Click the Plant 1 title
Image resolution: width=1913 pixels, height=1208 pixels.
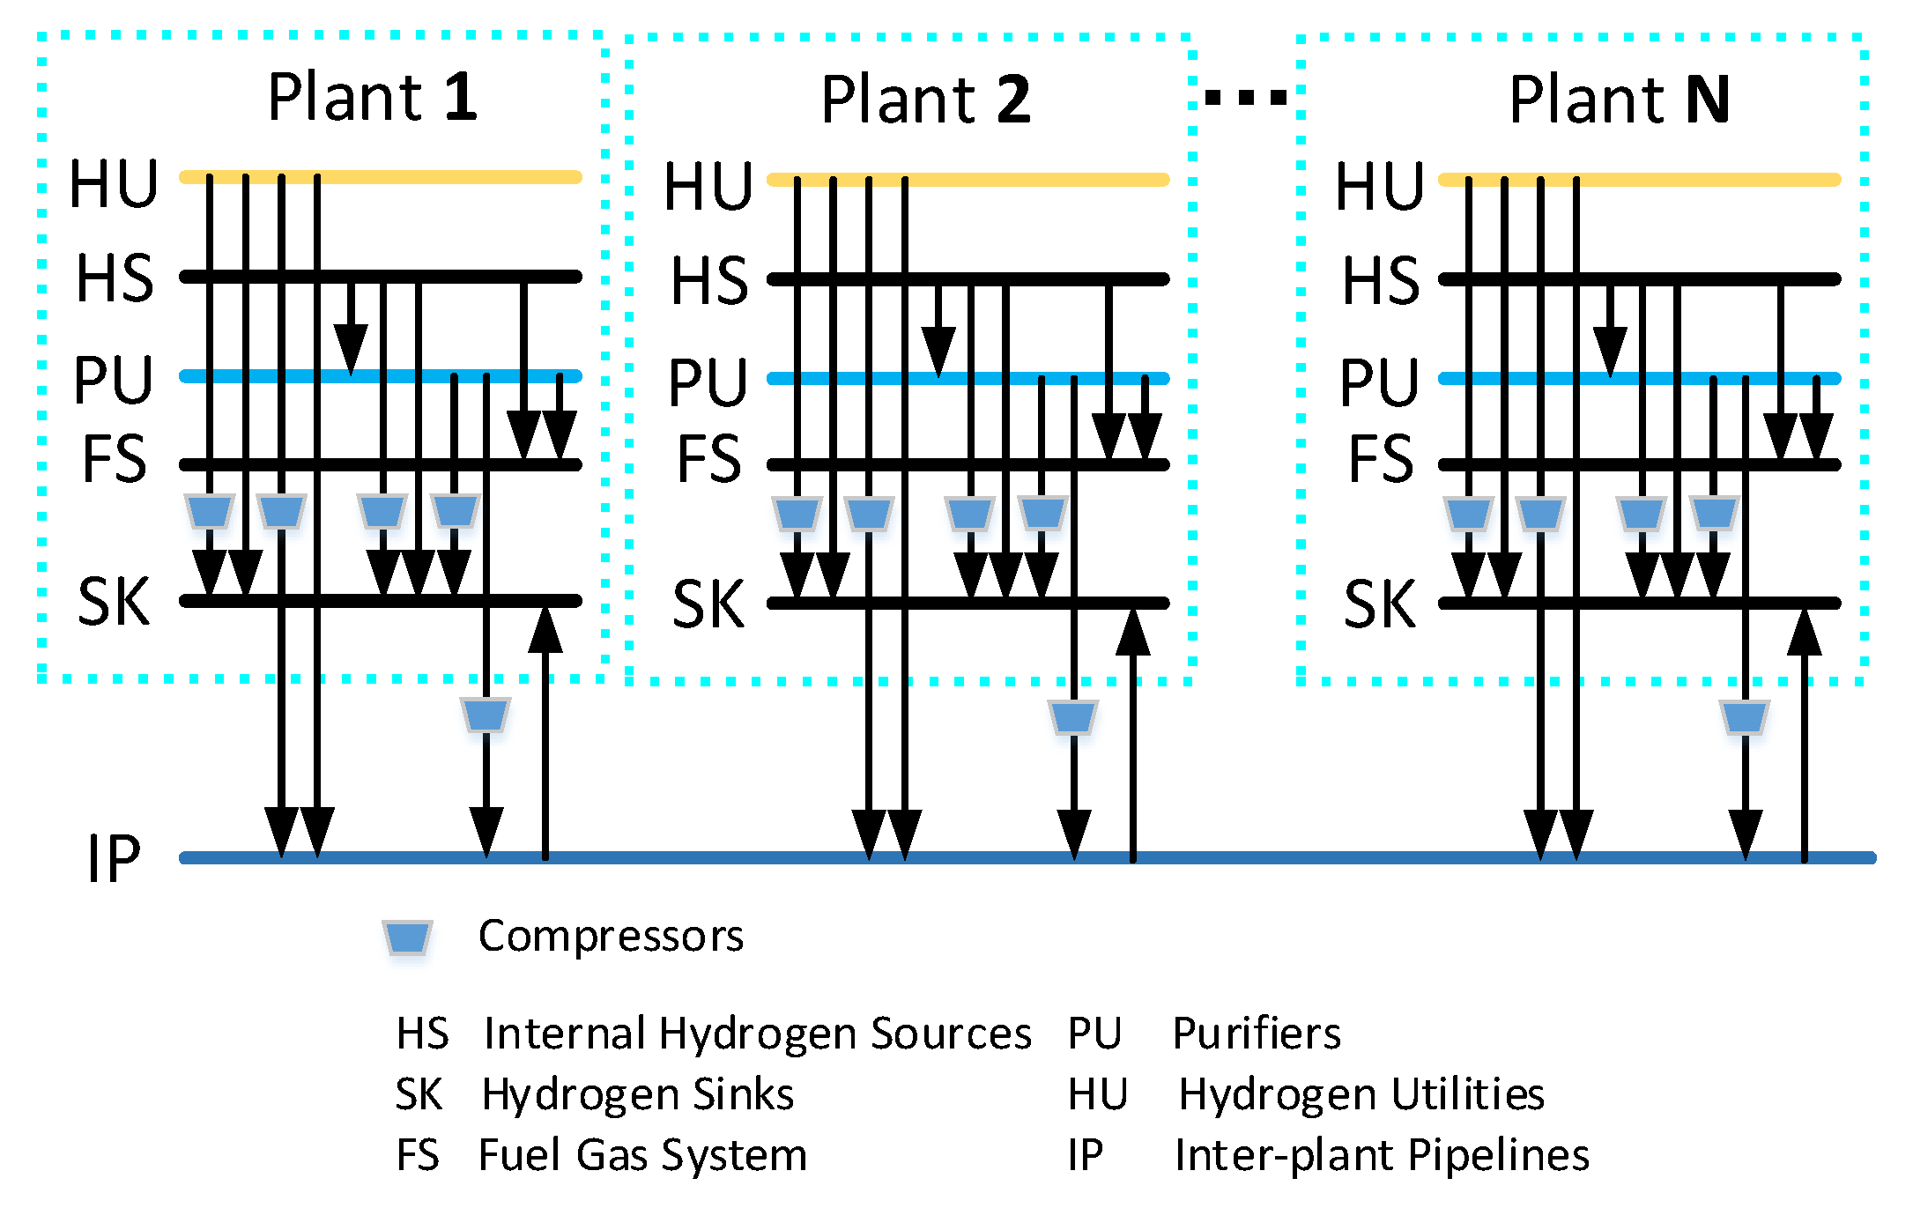pyautogui.click(x=372, y=97)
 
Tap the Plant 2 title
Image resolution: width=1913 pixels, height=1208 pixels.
pyautogui.click(x=925, y=100)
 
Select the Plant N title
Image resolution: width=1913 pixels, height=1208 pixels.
pyautogui.click(x=1619, y=100)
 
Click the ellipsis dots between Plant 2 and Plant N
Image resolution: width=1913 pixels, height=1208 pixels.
pyautogui.click(x=1245, y=97)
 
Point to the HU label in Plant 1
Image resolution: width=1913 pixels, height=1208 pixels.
pyautogui.click(x=114, y=185)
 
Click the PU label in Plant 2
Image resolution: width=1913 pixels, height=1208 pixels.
pyautogui.click(x=708, y=383)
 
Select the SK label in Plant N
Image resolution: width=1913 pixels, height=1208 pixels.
pyautogui.click(x=1379, y=604)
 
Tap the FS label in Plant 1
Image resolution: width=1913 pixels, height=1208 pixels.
pyautogui.click(x=114, y=460)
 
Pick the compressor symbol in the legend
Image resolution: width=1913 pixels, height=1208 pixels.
pyautogui.click(x=407, y=937)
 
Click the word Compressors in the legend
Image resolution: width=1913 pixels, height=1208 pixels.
pyautogui.click(x=611, y=936)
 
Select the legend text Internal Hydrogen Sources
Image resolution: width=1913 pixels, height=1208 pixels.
pyautogui.click(x=757, y=1034)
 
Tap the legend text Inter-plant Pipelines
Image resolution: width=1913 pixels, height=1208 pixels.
pyautogui.click(x=1381, y=1155)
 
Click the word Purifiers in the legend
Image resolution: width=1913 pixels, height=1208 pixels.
pyautogui.click(x=1257, y=1034)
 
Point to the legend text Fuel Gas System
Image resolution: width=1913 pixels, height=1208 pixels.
pyautogui.click(x=642, y=1155)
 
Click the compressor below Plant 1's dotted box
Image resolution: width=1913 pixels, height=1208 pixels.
pyautogui.click(x=486, y=715)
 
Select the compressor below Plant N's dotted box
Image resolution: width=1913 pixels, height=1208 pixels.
pyautogui.click(x=1745, y=717)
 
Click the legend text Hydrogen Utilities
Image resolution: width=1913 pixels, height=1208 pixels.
pyautogui.click(x=1361, y=1094)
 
